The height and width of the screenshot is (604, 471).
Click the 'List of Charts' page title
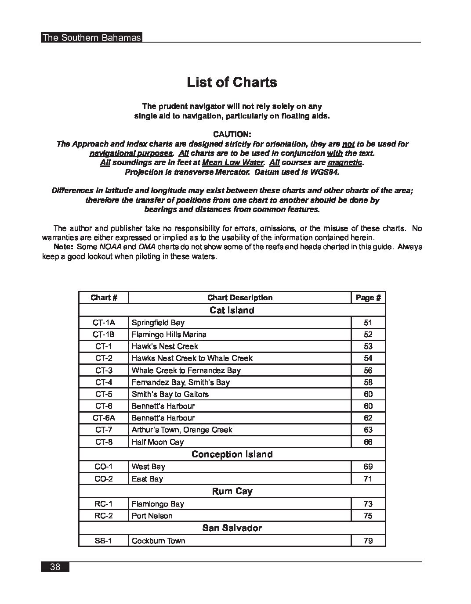click(x=232, y=82)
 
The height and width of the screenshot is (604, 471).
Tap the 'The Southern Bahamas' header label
click(x=91, y=38)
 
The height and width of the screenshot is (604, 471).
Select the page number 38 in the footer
click(x=55, y=567)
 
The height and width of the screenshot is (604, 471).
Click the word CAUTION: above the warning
click(x=232, y=134)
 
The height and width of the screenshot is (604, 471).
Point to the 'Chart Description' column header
click(x=240, y=298)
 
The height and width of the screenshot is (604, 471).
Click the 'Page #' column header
click(x=368, y=298)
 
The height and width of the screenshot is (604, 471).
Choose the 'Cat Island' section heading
click(x=232, y=310)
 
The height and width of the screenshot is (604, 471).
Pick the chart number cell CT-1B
click(x=104, y=334)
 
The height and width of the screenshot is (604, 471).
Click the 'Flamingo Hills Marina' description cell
click(x=169, y=334)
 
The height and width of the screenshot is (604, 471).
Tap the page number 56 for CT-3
click(x=368, y=370)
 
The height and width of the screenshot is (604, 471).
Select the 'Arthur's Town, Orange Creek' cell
click(x=182, y=430)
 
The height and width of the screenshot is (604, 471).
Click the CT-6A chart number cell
click(x=104, y=418)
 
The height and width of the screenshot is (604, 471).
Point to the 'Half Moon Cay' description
click(x=158, y=442)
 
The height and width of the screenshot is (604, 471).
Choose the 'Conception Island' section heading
click(x=232, y=454)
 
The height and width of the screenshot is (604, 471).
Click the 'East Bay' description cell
click(x=147, y=479)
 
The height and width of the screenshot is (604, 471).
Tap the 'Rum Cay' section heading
click(x=232, y=491)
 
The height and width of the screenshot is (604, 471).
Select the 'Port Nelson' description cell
click(x=152, y=516)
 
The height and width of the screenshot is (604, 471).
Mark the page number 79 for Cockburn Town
click(x=368, y=541)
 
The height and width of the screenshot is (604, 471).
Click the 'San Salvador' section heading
click(x=232, y=528)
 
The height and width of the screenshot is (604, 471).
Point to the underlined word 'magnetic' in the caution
click(x=345, y=163)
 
